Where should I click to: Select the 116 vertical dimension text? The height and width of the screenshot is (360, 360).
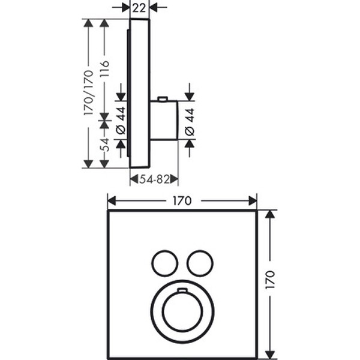[x=104, y=71]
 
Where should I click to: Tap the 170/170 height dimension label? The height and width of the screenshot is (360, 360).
[x=88, y=93]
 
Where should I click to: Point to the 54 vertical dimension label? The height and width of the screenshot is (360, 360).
[x=104, y=145]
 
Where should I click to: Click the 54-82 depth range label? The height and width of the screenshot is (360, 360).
[x=154, y=179]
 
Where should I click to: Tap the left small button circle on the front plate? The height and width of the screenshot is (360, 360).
[x=164, y=263]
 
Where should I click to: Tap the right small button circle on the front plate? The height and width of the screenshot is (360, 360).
[x=199, y=263]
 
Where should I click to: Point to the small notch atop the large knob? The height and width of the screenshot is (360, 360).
[x=182, y=292]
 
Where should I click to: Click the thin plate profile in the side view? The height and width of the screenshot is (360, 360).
[x=139, y=93]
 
